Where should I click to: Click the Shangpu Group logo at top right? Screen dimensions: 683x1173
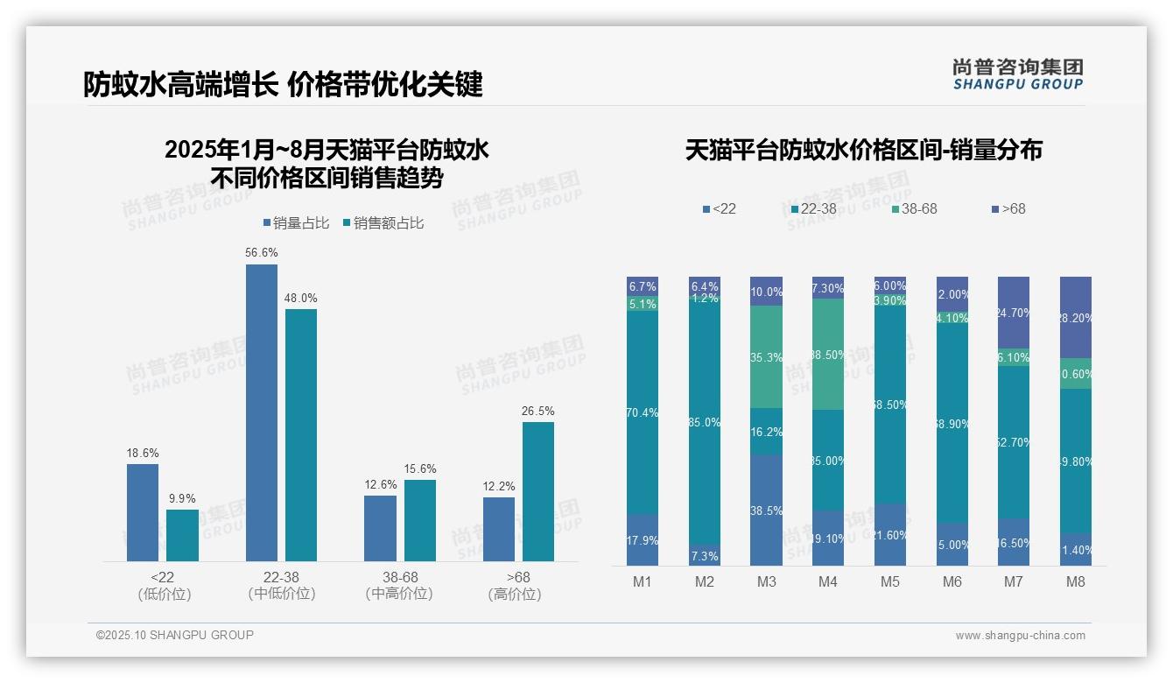[1017, 74]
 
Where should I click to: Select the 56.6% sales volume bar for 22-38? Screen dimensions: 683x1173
[262, 412]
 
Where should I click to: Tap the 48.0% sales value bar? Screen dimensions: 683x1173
[301, 434]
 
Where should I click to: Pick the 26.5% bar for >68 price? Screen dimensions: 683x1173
[538, 491]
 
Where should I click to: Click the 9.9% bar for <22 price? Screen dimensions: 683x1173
[183, 535]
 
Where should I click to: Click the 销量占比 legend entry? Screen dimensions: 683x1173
[296, 223]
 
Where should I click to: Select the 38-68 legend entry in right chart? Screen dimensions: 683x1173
[914, 209]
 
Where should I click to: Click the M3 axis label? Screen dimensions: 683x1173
[765, 581]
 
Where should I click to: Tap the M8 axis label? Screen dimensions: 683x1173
[1075, 581]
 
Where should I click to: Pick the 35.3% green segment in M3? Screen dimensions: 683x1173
[766, 357]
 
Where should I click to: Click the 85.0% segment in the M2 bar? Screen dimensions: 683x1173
[705, 422]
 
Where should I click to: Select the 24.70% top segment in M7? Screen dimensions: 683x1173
[1014, 312]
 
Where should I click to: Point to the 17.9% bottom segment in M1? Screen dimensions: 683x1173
[643, 539]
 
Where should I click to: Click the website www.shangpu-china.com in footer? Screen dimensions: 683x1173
[1020, 636]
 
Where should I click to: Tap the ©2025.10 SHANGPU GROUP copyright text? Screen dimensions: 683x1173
[175, 636]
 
